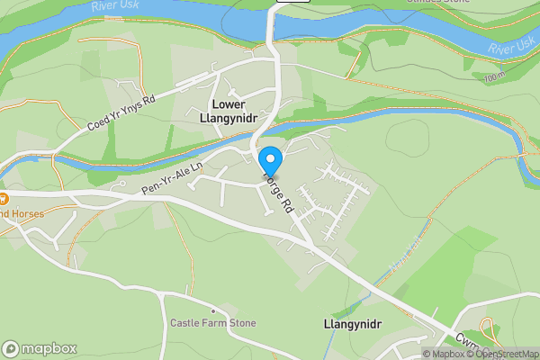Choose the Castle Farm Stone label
click(213, 323)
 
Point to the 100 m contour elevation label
click(491, 78)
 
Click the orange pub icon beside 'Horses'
click(4, 198)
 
